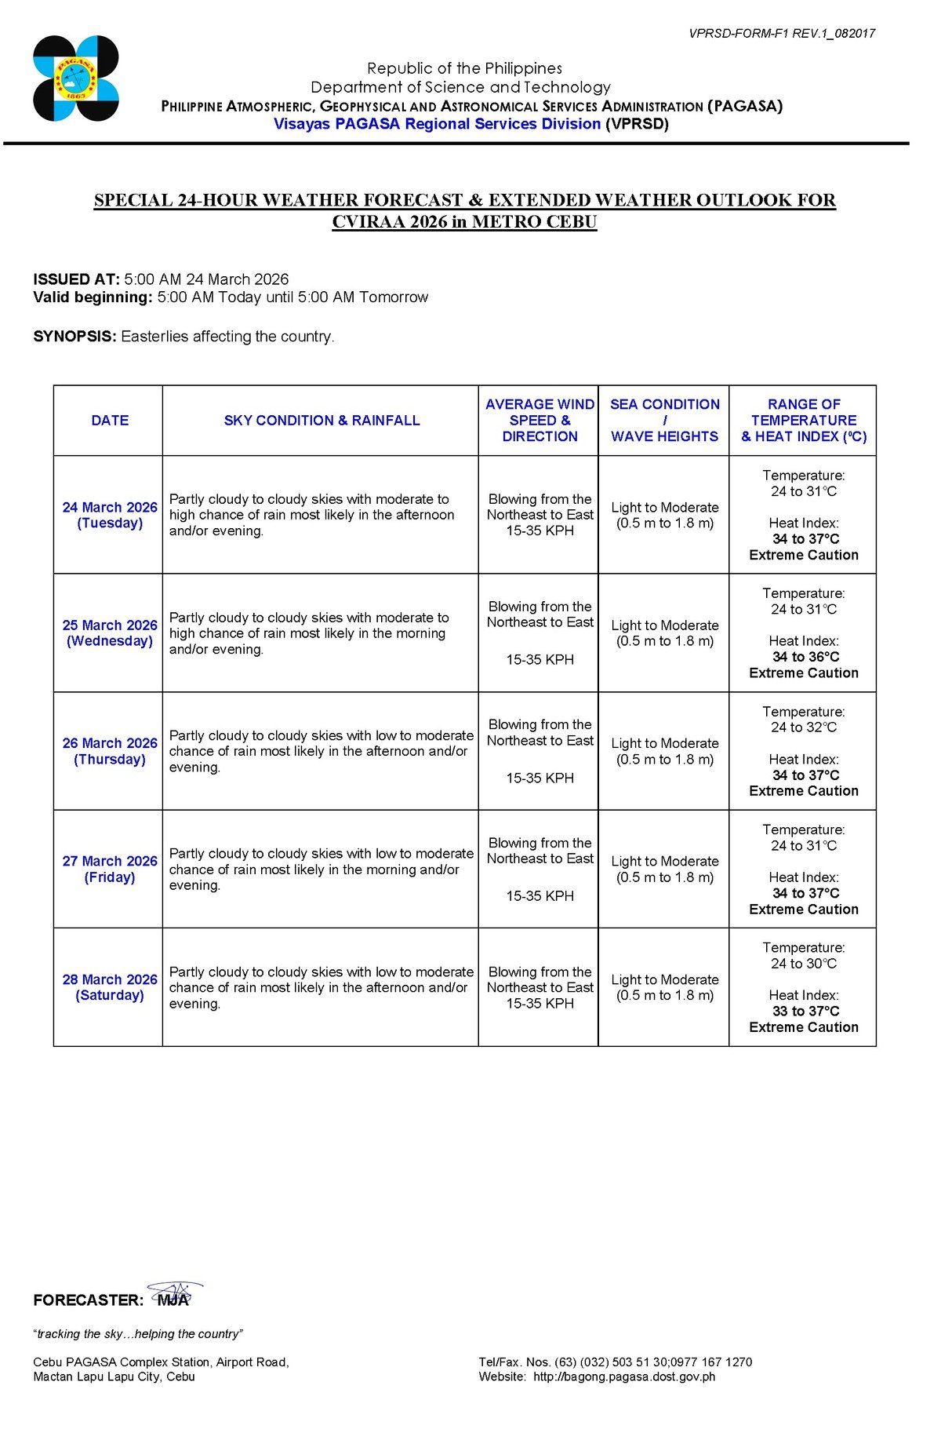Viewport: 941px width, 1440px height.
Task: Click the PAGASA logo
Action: coord(76,78)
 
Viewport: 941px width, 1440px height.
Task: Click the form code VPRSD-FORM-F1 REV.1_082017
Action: coord(781,33)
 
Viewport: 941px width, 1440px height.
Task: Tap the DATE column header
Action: coord(110,421)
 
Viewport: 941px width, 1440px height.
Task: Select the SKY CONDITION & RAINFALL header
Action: coord(322,421)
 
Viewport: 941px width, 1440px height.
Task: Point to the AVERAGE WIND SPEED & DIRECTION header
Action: coord(540,421)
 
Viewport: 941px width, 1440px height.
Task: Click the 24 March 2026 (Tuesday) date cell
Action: coord(110,516)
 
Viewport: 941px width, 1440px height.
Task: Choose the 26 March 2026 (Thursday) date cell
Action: coord(110,751)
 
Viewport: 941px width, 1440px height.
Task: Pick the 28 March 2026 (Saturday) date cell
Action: coord(110,987)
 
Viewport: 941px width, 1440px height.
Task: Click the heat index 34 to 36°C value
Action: coord(805,657)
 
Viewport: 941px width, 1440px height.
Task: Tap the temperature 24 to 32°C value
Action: coord(804,727)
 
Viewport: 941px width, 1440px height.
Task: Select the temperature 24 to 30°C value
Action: coord(804,964)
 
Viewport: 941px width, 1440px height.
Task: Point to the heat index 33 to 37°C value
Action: coord(805,1011)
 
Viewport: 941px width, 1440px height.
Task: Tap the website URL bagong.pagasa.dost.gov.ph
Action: coord(624,1376)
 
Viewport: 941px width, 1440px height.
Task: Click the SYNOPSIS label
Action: coord(74,337)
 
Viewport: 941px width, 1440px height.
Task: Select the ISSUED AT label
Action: coord(76,279)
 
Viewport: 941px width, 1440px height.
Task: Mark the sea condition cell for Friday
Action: coord(664,869)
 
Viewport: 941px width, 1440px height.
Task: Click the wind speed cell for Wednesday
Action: coord(540,633)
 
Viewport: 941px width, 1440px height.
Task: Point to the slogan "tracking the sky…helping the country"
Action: coord(138,1334)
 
